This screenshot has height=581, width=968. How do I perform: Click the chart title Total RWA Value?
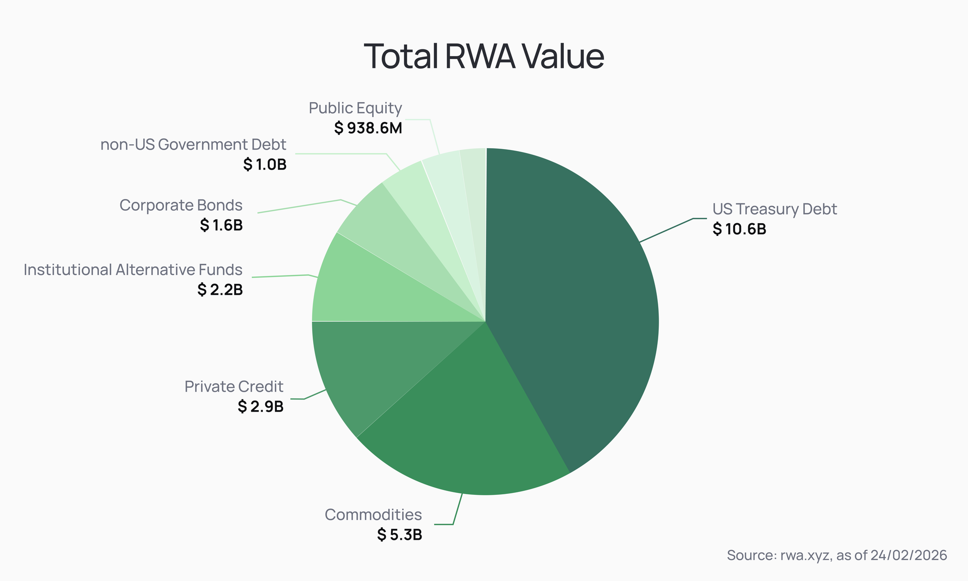coord(484,57)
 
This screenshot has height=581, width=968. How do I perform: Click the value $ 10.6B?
coord(739,229)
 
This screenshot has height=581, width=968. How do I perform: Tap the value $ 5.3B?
coord(400,535)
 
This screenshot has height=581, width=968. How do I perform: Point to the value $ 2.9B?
coord(260,406)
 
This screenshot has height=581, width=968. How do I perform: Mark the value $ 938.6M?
coord(368,128)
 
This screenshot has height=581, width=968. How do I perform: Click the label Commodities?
coord(373,515)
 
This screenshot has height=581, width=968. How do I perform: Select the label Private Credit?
coord(234,386)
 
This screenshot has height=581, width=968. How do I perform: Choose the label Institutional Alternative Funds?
coord(133,270)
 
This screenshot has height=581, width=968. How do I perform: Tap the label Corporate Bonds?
coord(181,205)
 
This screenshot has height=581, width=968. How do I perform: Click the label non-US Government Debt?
coord(193,145)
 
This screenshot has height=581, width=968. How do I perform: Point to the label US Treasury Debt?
coord(774,209)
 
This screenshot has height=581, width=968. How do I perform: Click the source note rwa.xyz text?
coord(837,555)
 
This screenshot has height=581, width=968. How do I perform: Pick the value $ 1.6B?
coord(221,225)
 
